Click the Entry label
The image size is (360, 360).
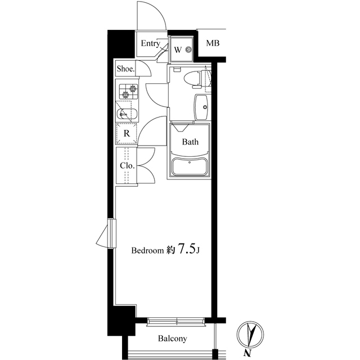150,43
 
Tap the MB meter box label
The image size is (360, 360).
213,43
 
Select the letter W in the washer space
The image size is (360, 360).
178,50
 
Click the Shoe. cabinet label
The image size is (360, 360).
125,69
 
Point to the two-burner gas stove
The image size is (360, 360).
128,91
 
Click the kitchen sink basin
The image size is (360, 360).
127,114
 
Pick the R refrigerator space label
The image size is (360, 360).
127,133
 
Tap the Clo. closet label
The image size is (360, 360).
127,165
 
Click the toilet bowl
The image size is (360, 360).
192,79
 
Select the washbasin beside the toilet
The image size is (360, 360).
201,107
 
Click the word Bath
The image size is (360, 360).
190,142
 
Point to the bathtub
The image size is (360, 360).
190,167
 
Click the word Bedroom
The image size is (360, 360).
147,250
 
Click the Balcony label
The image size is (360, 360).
173,339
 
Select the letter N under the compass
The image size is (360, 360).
247,353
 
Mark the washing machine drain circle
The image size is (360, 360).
189,49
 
